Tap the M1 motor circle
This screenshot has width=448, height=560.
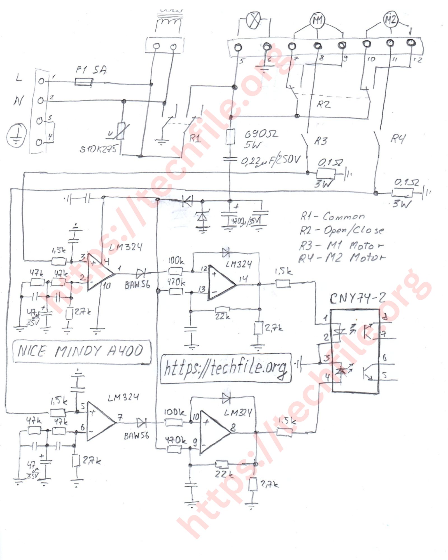click(318, 21)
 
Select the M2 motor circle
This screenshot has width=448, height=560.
click(390, 20)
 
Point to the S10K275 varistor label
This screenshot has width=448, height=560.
click(98, 149)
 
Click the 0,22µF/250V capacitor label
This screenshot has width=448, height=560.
click(270, 160)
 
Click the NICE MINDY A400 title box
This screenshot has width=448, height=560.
click(81, 351)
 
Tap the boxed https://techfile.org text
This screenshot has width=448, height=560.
click(225, 368)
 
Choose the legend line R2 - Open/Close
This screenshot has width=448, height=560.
click(342, 230)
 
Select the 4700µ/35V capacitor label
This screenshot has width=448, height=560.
click(246, 221)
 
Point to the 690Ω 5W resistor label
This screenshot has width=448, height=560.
click(260, 139)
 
